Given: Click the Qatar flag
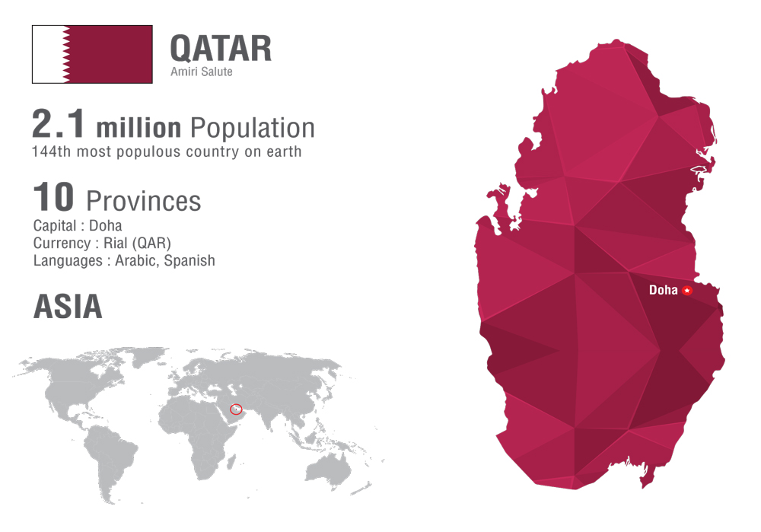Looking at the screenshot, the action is coord(92,54).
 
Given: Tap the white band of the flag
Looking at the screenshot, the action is coord(47,54).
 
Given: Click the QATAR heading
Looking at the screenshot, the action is coord(221,49).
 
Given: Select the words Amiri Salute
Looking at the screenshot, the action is coord(202,72).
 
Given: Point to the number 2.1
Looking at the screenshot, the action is coord(59,124).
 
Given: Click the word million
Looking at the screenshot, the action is coord(139,128).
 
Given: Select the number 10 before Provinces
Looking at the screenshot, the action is coord(53,197).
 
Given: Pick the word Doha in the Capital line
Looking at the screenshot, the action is coord(105,226).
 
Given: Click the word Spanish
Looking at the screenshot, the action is coord(189,260).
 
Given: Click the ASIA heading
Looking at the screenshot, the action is coord(68,307).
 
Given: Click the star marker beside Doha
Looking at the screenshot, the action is coord(686,291).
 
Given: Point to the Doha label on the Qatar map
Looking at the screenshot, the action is coord(664,290).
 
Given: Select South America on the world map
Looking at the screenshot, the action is coord(109,461).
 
